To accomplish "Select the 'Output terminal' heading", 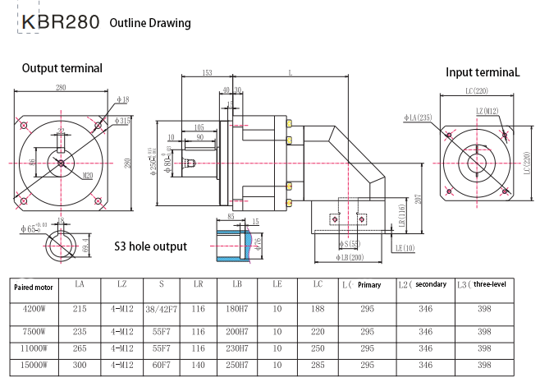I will pyautogui.click(x=62, y=68).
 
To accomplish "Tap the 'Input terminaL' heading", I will pyautogui.click(x=483, y=72).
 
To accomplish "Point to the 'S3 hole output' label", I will pyautogui.click(x=151, y=246).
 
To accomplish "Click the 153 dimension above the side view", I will pyautogui.click(x=208, y=73).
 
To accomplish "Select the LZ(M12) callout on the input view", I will pyautogui.click(x=487, y=111).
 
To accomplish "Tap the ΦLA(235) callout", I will pyautogui.click(x=418, y=117).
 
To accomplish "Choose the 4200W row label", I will pyautogui.click(x=33, y=311).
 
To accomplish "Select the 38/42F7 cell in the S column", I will pyautogui.click(x=162, y=311).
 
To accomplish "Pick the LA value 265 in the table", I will pyautogui.click(x=80, y=347).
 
